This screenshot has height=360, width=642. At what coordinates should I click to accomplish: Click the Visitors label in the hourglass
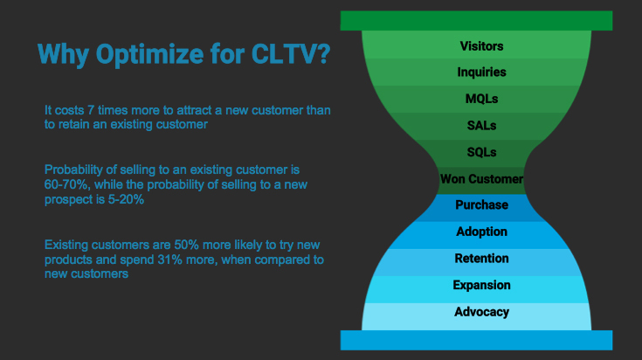(x=481, y=46)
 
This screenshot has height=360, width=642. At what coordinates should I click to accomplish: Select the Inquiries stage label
(x=481, y=73)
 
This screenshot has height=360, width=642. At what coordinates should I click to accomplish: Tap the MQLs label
(x=481, y=99)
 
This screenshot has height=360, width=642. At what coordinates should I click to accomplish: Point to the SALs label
(x=481, y=126)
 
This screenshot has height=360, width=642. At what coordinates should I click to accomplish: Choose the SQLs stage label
(x=481, y=152)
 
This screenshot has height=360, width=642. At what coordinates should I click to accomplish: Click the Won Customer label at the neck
(x=481, y=179)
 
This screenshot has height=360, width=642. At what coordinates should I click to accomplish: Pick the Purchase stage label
(x=481, y=205)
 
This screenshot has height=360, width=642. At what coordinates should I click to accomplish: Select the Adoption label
(x=481, y=232)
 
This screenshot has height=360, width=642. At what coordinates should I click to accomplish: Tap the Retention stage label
(x=481, y=259)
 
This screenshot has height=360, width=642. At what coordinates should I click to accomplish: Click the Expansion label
(x=481, y=286)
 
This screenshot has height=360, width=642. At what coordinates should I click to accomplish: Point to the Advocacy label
(x=481, y=312)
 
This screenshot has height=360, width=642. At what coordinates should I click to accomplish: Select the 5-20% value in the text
(x=125, y=200)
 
